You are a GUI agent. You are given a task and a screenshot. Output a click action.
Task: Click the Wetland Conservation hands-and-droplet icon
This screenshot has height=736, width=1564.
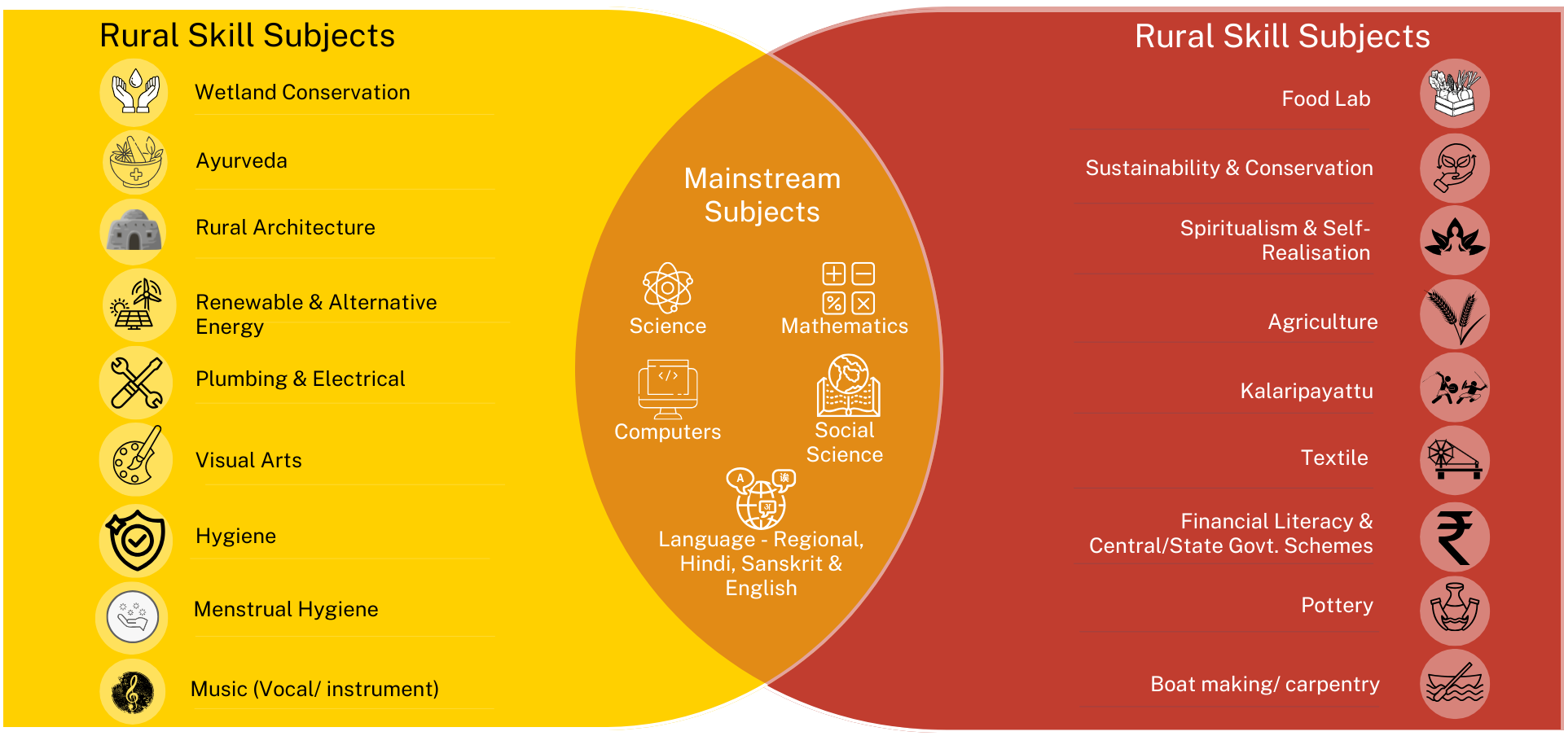(134, 91)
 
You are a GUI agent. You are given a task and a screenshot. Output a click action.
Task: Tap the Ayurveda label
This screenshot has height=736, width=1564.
(241, 160)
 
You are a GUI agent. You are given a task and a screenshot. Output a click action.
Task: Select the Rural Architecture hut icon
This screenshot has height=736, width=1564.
(134, 230)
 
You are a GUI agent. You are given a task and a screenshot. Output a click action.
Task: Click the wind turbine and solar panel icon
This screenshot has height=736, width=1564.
(138, 304)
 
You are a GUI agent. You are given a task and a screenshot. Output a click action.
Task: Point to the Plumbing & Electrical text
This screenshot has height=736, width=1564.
(300, 379)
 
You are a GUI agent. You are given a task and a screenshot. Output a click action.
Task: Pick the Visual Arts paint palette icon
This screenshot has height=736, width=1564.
(135, 459)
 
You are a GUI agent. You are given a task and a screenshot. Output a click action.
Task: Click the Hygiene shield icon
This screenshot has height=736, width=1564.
(136, 539)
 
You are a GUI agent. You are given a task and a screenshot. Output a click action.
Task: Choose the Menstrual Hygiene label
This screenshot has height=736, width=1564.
(286, 609)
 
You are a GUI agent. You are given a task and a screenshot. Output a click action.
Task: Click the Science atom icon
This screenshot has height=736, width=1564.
(667, 287)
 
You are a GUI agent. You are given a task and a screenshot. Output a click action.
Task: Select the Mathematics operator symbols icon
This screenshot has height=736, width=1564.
(848, 288)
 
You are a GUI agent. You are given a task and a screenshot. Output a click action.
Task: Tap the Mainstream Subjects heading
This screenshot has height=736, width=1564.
(762, 195)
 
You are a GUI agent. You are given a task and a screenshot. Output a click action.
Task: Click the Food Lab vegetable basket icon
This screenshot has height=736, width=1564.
(1454, 93)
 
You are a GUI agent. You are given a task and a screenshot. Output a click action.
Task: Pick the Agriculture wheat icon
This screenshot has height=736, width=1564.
(1454, 314)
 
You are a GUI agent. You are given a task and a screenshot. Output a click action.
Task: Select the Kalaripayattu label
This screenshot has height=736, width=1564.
(1306, 391)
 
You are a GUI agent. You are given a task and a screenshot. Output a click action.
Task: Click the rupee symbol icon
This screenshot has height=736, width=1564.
(1454, 537)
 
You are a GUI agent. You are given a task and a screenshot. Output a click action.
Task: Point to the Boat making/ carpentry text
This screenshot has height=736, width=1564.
(1264, 684)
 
